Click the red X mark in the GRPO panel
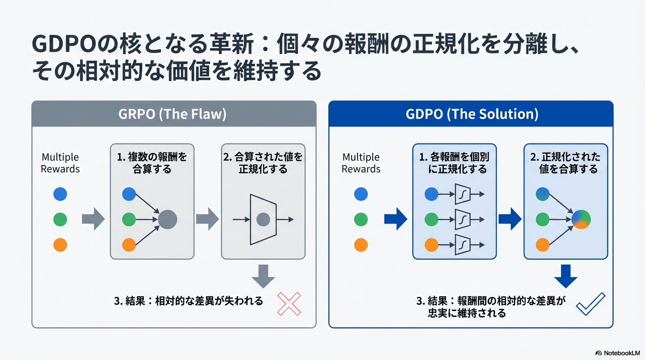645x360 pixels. click(289, 304)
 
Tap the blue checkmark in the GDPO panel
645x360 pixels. click(590, 304)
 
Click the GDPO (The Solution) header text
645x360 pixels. click(471, 114)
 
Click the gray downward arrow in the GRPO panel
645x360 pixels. click(263, 276)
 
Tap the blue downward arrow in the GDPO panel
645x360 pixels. click(566, 276)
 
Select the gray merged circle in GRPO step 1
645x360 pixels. click(167, 219)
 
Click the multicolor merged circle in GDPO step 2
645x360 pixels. click(581, 219)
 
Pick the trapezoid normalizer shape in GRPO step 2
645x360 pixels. click(263, 219)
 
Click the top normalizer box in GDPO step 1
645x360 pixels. click(463, 194)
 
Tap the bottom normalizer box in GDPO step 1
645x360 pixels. click(463, 244)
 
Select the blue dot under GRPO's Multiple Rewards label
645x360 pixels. click(60, 194)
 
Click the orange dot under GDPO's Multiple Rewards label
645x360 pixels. click(361, 245)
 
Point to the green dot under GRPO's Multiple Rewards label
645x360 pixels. click(60, 219)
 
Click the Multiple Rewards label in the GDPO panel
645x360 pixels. click(361, 163)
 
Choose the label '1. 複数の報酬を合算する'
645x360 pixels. click(152, 163)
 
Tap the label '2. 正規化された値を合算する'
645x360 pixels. click(566, 163)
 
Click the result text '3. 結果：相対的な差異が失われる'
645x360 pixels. click(188, 301)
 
